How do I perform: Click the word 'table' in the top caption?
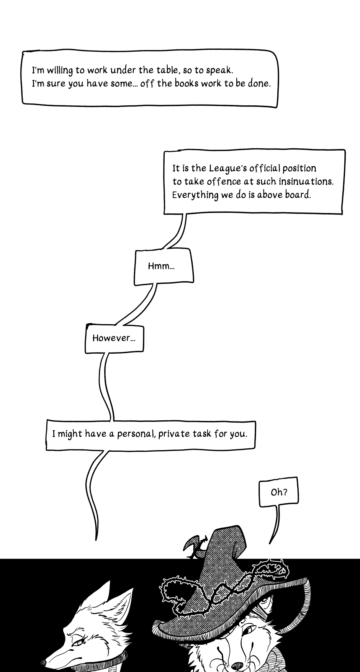(167, 70)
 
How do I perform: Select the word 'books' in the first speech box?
(187, 83)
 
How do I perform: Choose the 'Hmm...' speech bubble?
(164, 267)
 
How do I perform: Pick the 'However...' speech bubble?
(114, 338)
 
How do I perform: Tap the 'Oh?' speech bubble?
(278, 492)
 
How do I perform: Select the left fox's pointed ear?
(104, 596)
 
